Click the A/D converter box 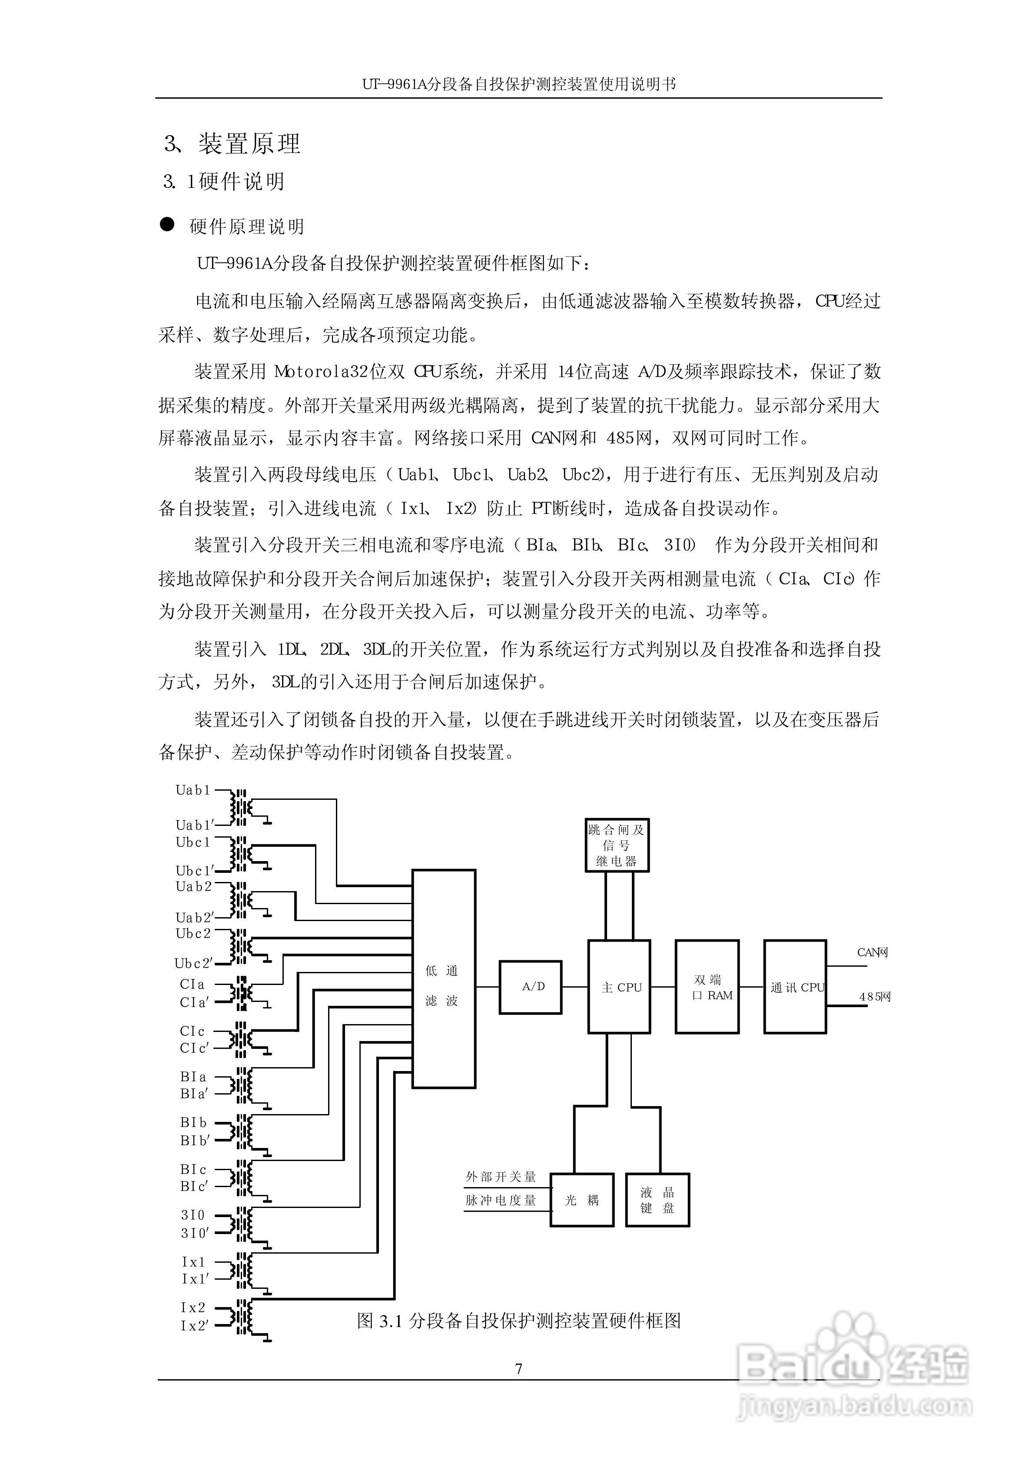pos(530,987)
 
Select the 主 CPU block pos(619,986)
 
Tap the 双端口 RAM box pos(707,986)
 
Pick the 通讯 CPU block pos(795,986)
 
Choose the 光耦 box pos(582,1200)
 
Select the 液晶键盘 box pos(657,1200)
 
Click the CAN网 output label pos(872,952)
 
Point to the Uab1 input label pos(193,790)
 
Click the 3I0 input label pos(193,1215)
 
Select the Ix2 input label pos(193,1307)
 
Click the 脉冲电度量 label pos(501,1200)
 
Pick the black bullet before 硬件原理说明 pos(167,225)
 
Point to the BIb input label pos(193,1123)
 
